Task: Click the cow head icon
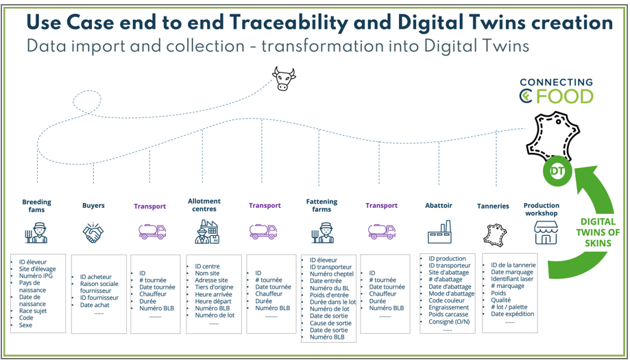click(x=284, y=79)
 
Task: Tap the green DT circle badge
click(x=557, y=171)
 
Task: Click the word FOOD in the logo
click(x=568, y=97)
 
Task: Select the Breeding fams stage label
click(x=36, y=205)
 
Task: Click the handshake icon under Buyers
click(x=93, y=232)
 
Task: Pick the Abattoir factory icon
click(x=439, y=232)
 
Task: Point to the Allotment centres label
click(x=204, y=205)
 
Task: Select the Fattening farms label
click(x=322, y=205)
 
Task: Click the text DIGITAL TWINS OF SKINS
click(x=598, y=232)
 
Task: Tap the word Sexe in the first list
click(x=25, y=325)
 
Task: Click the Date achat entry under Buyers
click(x=95, y=305)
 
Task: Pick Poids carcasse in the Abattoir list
click(x=448, y=314)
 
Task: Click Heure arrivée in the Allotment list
click(x=213, y=294)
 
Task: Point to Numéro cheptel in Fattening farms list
click(x=332, y=274)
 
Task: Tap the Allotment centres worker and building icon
click(x=206, y=232)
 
